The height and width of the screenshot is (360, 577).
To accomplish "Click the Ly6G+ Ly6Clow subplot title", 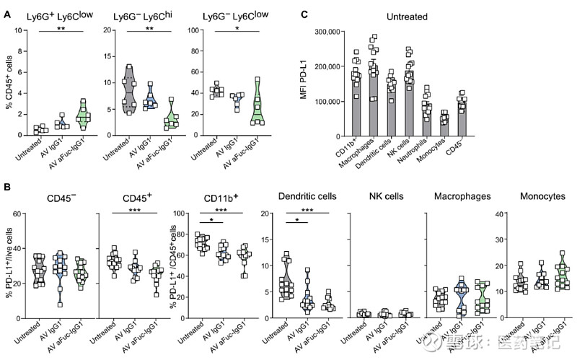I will [58, 15].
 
